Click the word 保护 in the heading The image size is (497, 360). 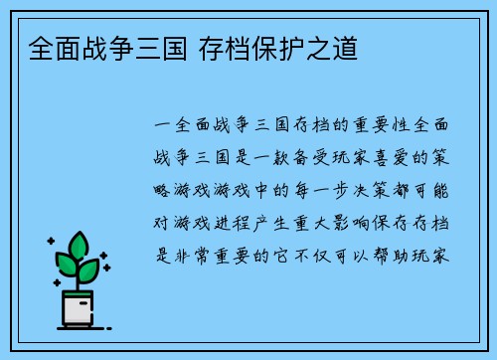tap(284, 47)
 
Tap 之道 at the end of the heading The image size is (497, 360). tap(334, 47)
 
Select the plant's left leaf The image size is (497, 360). tap(66, 266)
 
